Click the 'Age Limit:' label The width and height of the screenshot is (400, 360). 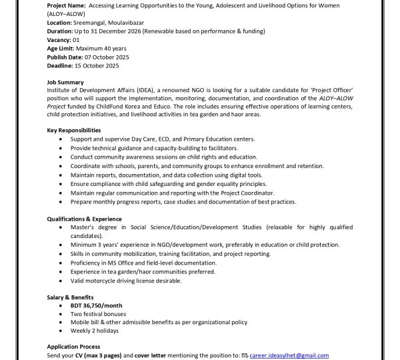click(62, 48)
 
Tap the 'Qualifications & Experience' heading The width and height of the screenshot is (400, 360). click(84, 219)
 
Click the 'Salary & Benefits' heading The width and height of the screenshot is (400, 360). click(71, 297)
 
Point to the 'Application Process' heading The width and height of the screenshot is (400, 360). click(73, 347)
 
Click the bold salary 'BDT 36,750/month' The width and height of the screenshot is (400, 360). click(97, 305)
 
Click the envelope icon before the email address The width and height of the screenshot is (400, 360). click(245, 355)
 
